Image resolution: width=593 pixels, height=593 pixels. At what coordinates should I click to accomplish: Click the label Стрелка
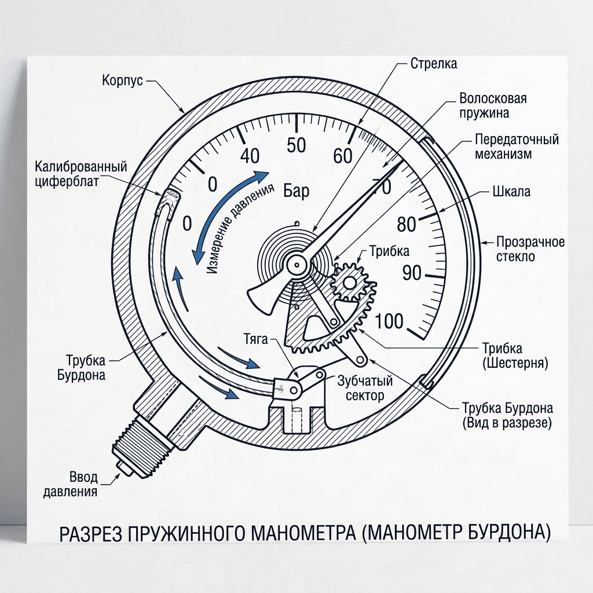point(434,64)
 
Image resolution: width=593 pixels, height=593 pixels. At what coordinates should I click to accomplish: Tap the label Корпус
point(122,80)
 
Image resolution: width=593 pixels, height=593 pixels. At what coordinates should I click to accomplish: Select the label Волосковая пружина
point(493,105)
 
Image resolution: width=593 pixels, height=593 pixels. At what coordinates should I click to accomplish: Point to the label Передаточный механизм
point(517,147)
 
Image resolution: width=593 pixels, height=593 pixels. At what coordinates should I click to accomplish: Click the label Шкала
point(511,191)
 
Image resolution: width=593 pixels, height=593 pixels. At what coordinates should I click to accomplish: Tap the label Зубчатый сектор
point(365,388)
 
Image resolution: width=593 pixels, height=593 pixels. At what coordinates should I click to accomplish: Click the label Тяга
point(255,339)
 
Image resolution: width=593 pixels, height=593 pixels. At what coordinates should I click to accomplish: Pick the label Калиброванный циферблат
point(81,174)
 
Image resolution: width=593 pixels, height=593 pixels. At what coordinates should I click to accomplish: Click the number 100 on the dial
point(390,321)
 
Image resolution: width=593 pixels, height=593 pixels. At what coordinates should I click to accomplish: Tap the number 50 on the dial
point(296,145)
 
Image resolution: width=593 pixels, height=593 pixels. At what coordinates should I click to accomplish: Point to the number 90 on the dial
point(412,272)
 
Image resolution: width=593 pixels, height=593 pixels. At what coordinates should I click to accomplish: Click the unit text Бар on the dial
point(296,191)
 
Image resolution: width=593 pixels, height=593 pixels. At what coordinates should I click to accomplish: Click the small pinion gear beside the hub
point(348,283)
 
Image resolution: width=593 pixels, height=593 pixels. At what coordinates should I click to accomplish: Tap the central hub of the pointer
point(296,265)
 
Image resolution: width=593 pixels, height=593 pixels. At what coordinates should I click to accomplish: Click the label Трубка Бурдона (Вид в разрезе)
point(507,415)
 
